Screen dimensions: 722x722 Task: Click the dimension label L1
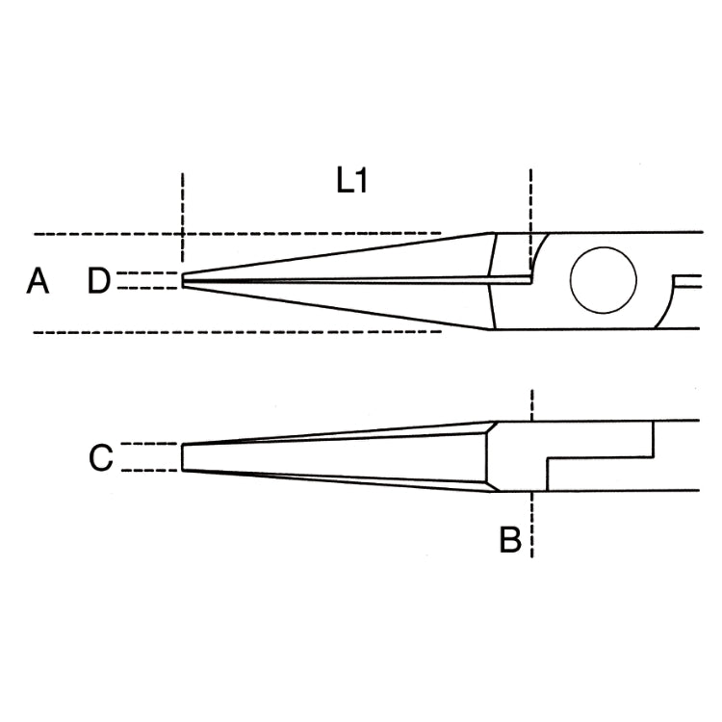pos(351,181)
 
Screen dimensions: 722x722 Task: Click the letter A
pos(38,281)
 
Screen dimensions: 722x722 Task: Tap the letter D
pos(99,281)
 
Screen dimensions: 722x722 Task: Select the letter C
pos(101,457)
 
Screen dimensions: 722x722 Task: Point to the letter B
pos(510,539)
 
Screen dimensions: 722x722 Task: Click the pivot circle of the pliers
pos(604,280)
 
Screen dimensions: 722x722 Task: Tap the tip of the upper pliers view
pos(182,280)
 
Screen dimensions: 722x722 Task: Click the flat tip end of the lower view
pos(182,457)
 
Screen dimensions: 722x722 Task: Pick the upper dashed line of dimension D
pos(147,273)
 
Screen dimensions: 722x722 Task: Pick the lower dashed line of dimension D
pos(147,288)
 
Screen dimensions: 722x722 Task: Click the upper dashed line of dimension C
pos(148,444)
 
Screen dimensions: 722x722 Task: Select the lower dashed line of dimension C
pos(148,471)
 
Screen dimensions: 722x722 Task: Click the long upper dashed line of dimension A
pos(238,234)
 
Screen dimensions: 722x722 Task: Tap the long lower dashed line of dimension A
pos(238,332)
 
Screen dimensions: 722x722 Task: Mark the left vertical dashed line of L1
pos(182,218)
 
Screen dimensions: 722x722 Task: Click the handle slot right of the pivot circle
pos(687,281)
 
